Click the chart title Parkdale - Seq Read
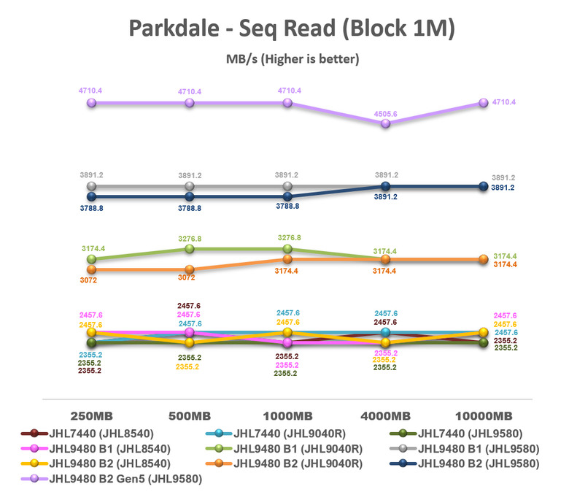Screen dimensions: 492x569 point(292,28)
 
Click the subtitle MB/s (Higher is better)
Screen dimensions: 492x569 point(292,58)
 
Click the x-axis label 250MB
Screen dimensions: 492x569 point(92,416)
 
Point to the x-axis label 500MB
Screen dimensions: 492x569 point(190,416)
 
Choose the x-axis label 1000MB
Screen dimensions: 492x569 point(288,416)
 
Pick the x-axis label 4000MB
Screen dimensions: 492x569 point(386,416)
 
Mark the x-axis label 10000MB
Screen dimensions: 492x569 point(484,416)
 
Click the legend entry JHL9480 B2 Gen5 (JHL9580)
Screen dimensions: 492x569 point(124,479)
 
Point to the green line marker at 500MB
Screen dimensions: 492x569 point(190,249)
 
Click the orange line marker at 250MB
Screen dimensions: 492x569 point(92,269)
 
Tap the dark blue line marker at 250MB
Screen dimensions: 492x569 point(92,196)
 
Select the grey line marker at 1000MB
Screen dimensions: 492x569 point(288,187)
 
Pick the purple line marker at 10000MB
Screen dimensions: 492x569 point(483,104)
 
